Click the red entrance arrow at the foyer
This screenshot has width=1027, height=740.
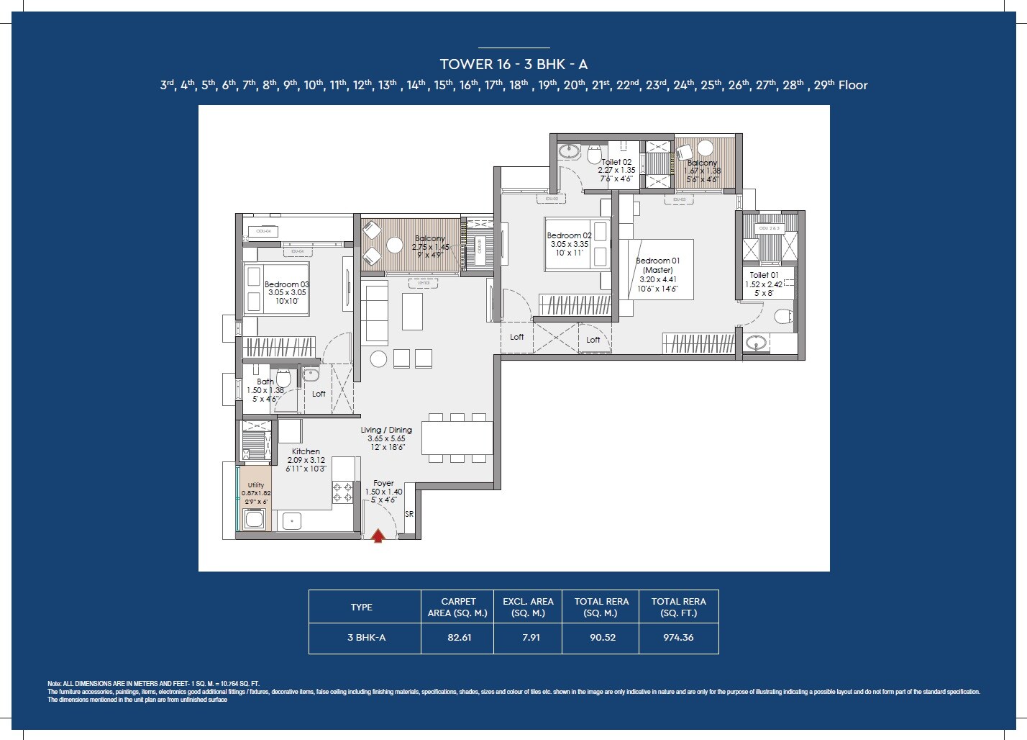click(x=378, y=535)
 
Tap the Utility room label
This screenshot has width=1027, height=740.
click(x=256, y=485)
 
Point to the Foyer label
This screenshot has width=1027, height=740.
click(x=383, y=484)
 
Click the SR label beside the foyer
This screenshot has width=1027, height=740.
click(x=409, y=515)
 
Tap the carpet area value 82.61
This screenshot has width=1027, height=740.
click(x=459, y=638)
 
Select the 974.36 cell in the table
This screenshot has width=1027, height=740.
click(x=678, y=638)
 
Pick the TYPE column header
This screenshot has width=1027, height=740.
click(x=361, y=608)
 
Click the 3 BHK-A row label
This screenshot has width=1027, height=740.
click(x=366, y=638)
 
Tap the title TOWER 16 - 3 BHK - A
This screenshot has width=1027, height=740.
click(x=513, y=65)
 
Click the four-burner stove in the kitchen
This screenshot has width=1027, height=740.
click(x=342, y=492)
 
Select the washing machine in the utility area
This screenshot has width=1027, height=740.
click(x=255, y=520)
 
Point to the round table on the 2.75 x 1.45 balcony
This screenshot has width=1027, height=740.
click(x=394, y=245)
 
